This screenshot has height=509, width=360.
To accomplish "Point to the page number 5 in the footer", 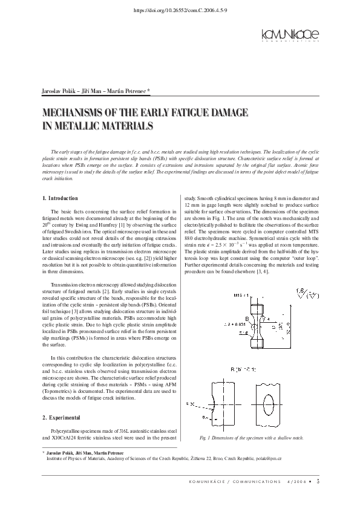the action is click(318, 481).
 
